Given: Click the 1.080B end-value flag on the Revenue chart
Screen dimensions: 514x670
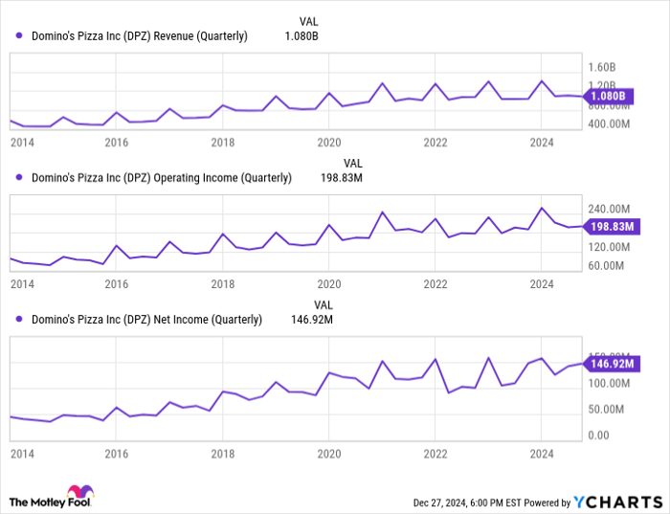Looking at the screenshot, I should point(610,96).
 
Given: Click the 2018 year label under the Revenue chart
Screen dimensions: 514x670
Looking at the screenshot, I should point(223,143).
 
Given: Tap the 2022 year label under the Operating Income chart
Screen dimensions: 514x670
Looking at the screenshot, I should point(435,284).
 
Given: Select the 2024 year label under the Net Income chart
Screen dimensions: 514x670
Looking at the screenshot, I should point(542,454).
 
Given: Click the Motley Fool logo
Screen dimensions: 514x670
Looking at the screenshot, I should point(54,501).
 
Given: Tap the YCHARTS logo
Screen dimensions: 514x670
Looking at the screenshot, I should point(617,502).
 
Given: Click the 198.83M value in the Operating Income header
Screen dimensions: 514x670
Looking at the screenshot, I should point(344,177).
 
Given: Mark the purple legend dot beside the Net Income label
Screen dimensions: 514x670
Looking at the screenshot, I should point(19,320).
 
